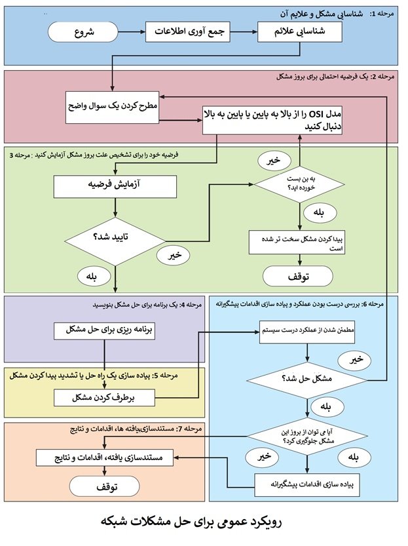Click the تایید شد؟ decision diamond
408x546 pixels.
pyautogui.click(x=115, y=238)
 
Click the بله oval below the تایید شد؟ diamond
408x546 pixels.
pyautogui.click(x=88, y=277)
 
